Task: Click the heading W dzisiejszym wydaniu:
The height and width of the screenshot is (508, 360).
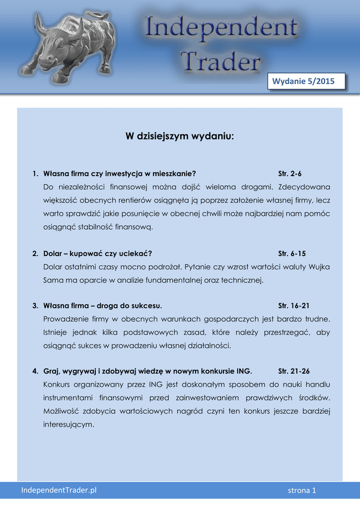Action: tap(179, 136)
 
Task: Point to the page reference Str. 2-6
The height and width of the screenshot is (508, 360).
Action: tap(290, 174)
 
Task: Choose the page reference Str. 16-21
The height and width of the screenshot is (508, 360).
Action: tap(294, 306)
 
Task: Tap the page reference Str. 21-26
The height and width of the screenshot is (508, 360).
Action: tap(294, 371)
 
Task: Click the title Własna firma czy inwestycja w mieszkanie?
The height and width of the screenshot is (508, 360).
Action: tap(120, 174)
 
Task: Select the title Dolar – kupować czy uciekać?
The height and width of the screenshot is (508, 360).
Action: tap(97, 254)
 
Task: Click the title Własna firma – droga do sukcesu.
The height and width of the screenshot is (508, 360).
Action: tap(103, 306)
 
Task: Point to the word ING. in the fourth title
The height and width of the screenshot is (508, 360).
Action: tap(244, 371)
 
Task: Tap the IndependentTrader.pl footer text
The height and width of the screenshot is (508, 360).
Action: tap(59, 490)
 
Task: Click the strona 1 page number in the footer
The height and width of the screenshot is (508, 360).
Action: tap(302, 491)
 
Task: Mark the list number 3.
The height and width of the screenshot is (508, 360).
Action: tap(35, 306)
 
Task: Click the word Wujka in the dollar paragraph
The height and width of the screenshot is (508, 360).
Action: tap(319, 267)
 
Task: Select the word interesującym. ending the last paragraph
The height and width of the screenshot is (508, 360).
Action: tap(69, 424)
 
